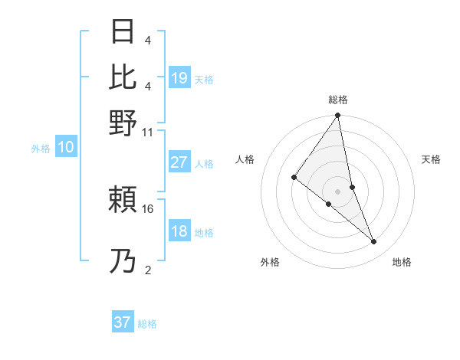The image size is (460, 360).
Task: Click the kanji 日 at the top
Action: click(123, 33)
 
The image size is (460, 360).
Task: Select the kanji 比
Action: click(123, 77)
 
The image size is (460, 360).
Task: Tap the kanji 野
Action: click(123, 123)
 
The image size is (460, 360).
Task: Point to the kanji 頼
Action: click(123, 201)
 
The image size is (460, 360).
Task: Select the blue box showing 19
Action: click(179, 78)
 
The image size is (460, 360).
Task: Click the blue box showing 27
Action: click(179, 162)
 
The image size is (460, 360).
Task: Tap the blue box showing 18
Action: click(179, 231)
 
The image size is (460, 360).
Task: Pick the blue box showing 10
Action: click(66, 148)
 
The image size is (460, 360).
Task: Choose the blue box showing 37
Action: click(123, 322)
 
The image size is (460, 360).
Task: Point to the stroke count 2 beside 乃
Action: click(148, 269)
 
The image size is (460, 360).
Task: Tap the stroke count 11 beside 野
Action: click(148, 132)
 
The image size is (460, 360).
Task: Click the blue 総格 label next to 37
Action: click(147, 324)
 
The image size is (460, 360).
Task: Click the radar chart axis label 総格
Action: click(338, 100)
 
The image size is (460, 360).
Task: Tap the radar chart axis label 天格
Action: click(432, 159)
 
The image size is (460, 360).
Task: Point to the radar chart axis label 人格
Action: click(245, 159)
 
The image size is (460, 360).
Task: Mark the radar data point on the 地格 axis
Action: click(374, 242)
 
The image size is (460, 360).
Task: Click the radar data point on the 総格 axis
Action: click(338, 116)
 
